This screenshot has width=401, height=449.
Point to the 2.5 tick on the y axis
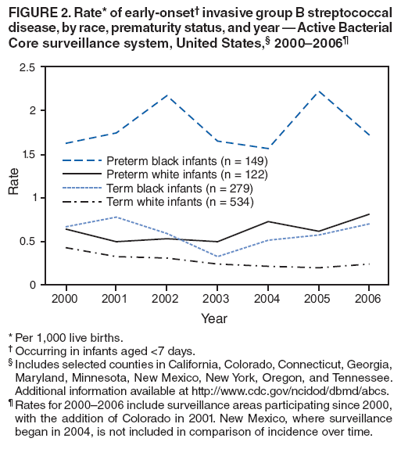pos(26,67)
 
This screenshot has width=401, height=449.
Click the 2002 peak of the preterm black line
pos(166,95)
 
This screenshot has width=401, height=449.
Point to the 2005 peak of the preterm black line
pos(318,92)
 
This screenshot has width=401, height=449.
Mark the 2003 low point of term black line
pos(217,257)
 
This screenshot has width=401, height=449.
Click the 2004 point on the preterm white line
pos(267,221)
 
